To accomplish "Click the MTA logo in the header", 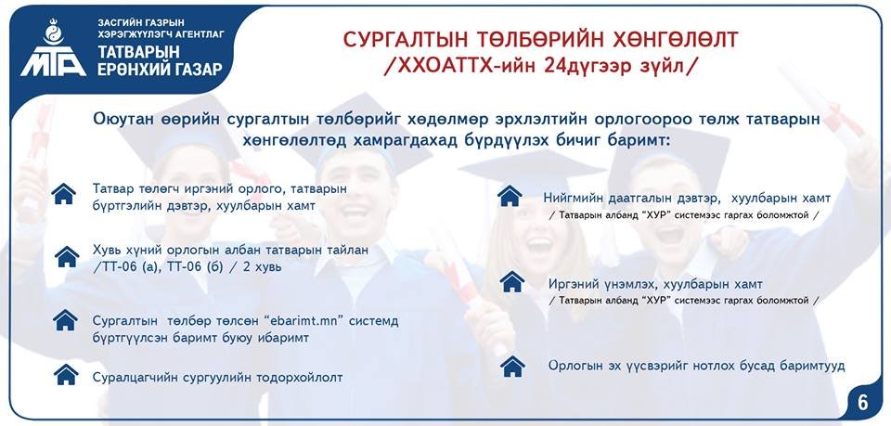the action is click(54, 49).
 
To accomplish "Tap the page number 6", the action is click(862, 402).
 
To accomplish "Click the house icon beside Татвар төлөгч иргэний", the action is click(63, 194).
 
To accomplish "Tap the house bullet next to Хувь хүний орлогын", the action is click(67, 257).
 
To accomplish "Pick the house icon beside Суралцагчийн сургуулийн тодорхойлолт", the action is click(66, 375).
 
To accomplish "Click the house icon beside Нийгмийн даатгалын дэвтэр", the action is click(510, 196).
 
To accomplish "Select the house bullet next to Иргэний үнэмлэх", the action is click(511, 282).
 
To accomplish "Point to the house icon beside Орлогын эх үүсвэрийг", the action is click(512, 367).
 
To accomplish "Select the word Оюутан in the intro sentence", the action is click(119, 121).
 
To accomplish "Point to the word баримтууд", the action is click(813, 366).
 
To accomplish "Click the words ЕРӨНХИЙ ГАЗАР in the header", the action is click(160, 70).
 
